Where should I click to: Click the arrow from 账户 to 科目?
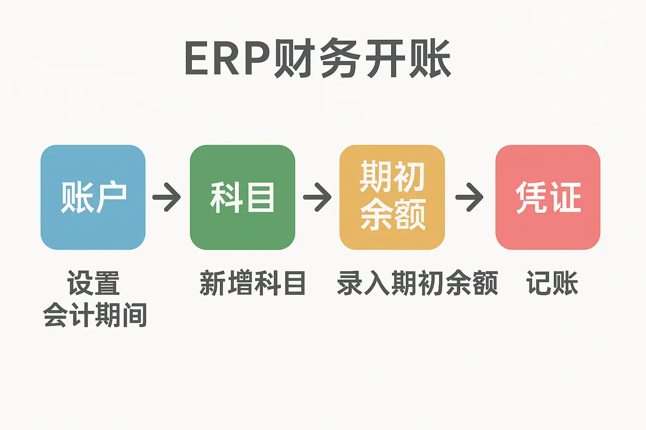pos(167,197)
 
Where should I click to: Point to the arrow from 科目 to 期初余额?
pos(318,197)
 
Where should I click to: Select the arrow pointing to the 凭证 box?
pos(470,197)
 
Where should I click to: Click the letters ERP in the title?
pos(227,59)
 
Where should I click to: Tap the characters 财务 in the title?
pos(318,59)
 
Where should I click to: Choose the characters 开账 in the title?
pos(408,59)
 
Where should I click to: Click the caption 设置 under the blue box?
pos(93,283)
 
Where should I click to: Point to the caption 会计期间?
pos(95,315)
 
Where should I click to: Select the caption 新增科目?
pos(252,283)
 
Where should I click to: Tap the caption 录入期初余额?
pos(418,283)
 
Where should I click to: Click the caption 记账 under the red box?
pos(552,283)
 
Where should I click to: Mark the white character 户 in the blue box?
pos(110,197)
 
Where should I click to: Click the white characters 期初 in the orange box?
pos(392,177)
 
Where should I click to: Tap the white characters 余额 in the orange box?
pos(393,214)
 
